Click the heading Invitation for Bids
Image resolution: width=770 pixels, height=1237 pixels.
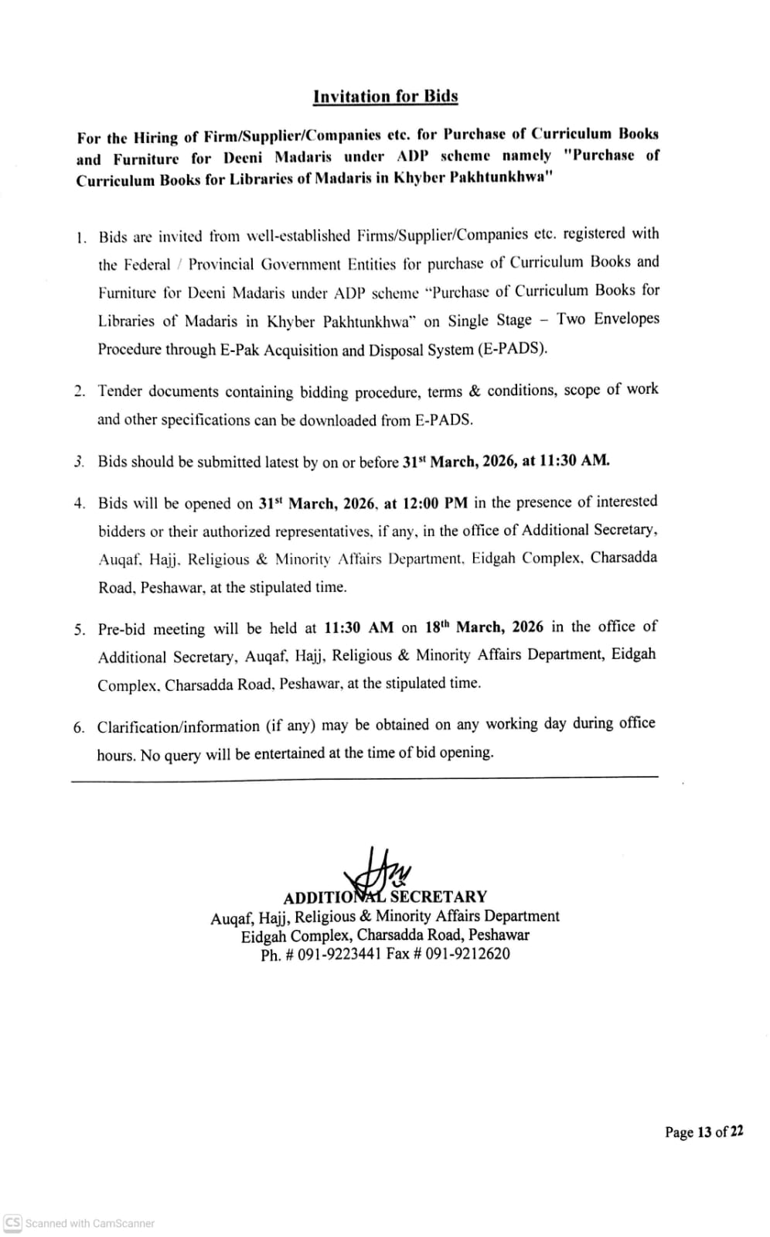385,97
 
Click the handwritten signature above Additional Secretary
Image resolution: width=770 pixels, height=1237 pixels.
383,870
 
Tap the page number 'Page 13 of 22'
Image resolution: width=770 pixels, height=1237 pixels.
704,1133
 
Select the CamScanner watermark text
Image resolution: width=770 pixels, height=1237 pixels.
89,1223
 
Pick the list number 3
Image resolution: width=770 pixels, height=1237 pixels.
79,463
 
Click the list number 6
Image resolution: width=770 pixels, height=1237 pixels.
79,727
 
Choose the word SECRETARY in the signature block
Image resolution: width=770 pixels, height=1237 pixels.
438,897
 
